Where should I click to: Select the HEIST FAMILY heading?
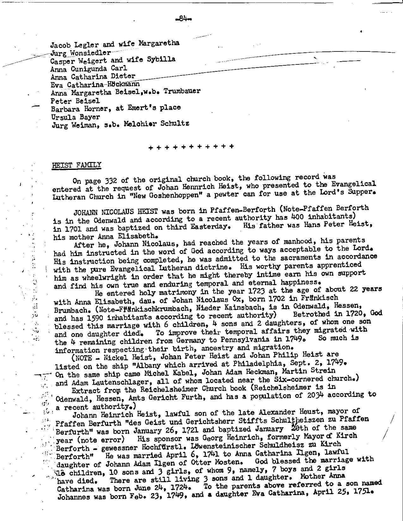76,165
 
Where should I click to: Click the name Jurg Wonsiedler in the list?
81,52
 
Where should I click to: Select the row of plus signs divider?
191,147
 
